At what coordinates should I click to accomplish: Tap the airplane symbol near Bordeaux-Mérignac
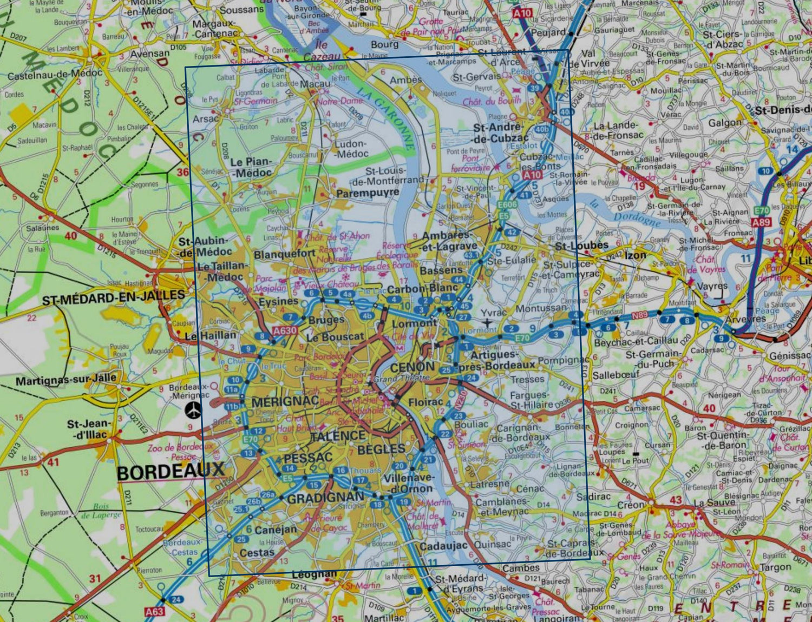pos(192,411)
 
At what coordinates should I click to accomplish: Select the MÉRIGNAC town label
pos(285,401)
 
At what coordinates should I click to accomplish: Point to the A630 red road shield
pos(285,330)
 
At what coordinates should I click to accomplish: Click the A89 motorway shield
pos(761,222)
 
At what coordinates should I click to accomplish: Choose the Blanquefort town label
pos(284,254)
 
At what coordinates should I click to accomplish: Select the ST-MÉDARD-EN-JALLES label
pos(113,296)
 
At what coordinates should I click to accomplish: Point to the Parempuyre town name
pos(368,193)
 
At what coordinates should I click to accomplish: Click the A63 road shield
pos(154,612)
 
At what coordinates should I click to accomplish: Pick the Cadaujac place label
pos(443,546)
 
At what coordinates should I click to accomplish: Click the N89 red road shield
pos(640,315)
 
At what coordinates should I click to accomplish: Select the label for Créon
pos(631,505)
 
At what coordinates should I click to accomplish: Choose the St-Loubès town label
pos(582,246)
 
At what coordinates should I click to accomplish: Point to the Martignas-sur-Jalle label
pos(66,380)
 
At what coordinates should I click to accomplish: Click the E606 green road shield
pos(507,204)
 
